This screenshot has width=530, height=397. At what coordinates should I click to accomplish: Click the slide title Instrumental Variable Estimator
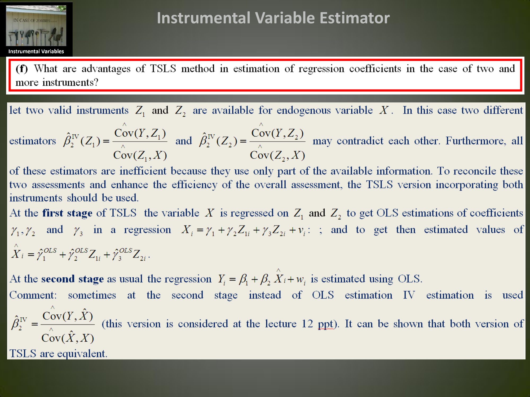tap(273, 18)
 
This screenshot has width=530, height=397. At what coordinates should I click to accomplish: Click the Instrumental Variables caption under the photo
tap(36, 51)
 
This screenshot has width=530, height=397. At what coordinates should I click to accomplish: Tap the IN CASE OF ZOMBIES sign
tap(32, 20)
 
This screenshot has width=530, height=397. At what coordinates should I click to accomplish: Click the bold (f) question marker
tap(22, 69)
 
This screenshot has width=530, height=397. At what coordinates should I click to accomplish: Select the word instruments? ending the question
tap(70, 82)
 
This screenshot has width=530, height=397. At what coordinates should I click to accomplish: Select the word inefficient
tap(143, 171)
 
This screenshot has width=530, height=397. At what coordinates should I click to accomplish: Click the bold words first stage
tap(67, 213)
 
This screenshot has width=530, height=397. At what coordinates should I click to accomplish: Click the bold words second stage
tap(72, 279)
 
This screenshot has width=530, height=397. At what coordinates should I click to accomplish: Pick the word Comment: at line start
tap(33, 295)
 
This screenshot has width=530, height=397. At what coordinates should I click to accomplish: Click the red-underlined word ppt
tap(326, 324)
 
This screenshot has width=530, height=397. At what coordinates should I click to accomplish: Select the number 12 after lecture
tap(307, 324)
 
